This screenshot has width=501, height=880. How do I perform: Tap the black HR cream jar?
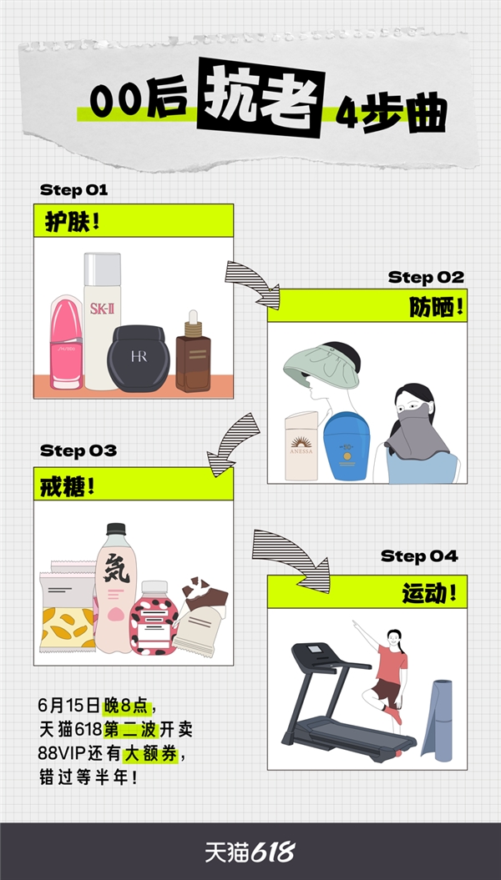(139, 359)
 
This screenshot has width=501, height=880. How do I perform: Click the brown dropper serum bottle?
(193, 354)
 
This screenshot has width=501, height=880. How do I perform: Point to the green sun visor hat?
(321, 368)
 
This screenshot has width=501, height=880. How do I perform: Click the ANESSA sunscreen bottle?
(301, 446)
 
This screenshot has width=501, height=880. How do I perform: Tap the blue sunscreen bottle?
(347, 446)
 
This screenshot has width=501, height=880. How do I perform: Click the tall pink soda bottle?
(116, 588)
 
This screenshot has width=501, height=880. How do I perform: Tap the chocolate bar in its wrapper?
(200, 616)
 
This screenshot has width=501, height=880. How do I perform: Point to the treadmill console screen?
(315, 649)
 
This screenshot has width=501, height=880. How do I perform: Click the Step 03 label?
(78, 450)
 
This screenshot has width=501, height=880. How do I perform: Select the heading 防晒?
(437, 307)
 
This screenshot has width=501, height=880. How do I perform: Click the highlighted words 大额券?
(150, 754)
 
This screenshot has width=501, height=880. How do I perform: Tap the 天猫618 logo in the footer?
(250, 852)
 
